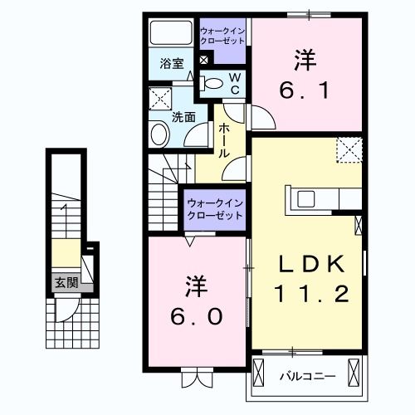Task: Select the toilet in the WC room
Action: click(x=215, y=82)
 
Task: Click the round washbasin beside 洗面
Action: click(x=159, y=135)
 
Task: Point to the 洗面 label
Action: click(x=183, y=117)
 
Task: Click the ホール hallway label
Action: click(x=225, y=140)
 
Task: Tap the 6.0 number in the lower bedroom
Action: click(x=197, y=317)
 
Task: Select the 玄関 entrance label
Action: click(x=66, y=282)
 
